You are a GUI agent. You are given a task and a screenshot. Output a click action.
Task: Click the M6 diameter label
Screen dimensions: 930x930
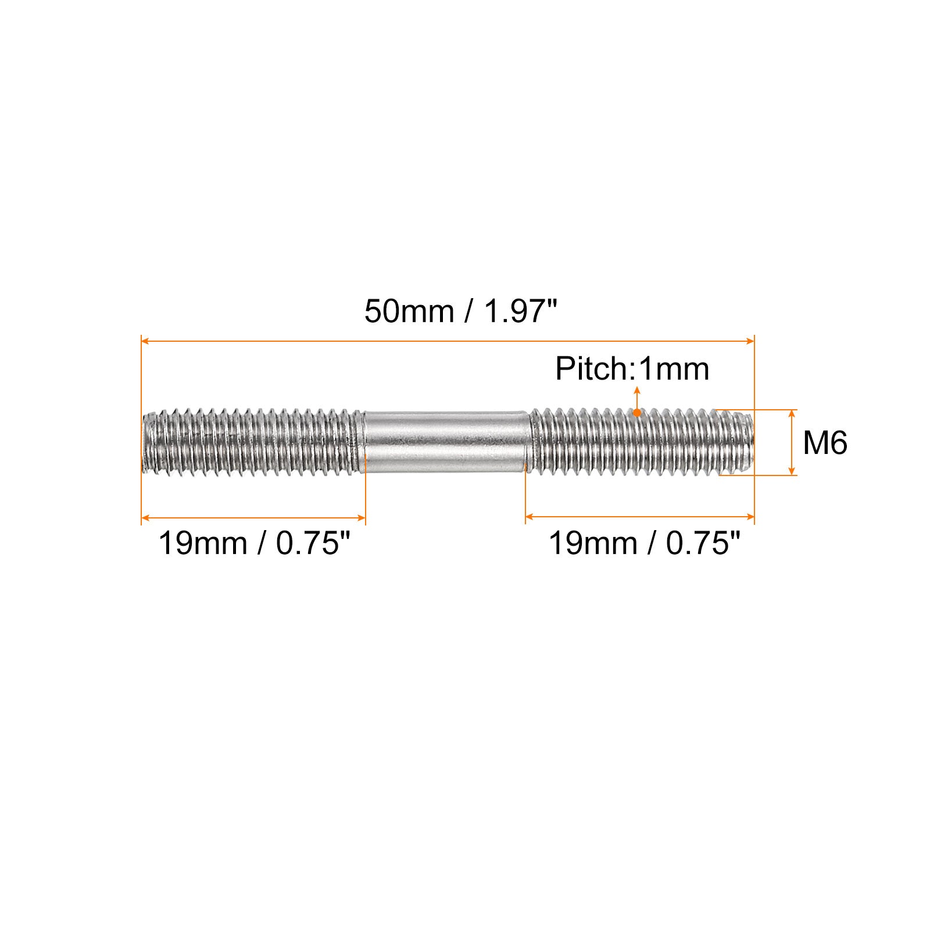pos(825,443)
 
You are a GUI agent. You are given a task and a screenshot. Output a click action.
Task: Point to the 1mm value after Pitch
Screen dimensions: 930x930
pos(674,369)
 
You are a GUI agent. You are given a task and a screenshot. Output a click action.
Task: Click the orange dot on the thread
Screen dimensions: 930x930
pos(637,413)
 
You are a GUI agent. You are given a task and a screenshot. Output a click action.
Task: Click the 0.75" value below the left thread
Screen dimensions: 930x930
pos(314,544)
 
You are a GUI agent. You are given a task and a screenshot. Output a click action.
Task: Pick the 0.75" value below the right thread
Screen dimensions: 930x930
pos(703,544)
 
